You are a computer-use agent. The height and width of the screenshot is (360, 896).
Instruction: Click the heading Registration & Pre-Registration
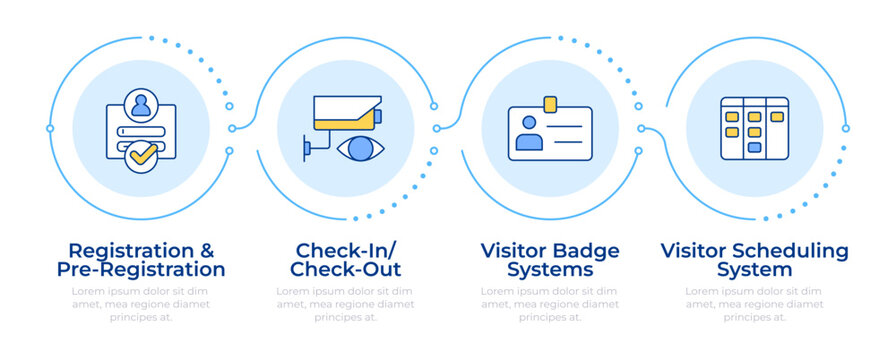[x=141, y=260]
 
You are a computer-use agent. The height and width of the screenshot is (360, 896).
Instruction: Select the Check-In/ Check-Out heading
[x=345, y=260]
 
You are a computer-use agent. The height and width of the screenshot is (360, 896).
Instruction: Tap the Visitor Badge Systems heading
[x=549, y=260]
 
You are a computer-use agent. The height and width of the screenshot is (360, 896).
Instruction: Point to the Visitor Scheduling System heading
[x=754, y=260]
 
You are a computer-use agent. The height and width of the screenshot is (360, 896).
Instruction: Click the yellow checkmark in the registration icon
[x=143, y=156]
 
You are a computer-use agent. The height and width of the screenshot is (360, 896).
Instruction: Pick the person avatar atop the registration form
[x=141, y=104]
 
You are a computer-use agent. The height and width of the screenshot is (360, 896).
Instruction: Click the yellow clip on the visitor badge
[x=549, y=103]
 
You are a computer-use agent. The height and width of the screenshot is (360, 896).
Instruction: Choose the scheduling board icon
[x=754, y=128]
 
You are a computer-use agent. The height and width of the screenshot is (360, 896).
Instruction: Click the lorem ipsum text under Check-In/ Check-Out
[x=345, y=304]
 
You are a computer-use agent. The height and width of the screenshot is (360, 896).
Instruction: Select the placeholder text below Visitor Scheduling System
[x=754, y=304]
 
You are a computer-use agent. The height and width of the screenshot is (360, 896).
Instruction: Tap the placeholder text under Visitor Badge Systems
[x=549, y=304]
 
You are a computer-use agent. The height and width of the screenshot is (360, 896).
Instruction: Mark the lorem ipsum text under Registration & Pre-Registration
[x=141, y=304]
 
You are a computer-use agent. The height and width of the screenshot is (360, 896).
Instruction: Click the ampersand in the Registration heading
[x=206, y=250]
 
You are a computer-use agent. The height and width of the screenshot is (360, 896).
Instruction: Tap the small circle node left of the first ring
[x=50, y=128]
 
